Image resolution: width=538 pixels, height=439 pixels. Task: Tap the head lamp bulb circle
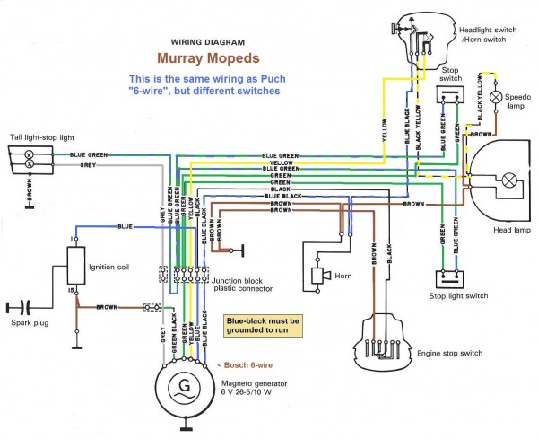point(508,180)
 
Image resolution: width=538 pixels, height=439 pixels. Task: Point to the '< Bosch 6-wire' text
point(248,366)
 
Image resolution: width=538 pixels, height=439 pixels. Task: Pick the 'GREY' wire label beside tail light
point(88,165)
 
